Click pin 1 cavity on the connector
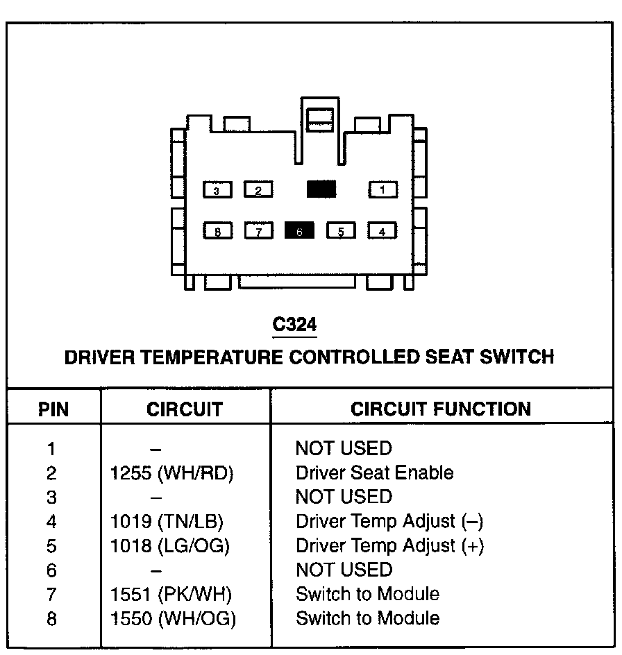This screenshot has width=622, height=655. click(383, 189)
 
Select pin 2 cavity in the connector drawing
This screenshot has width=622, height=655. click(258, 189)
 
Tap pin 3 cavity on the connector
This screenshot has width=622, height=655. click(217, 189)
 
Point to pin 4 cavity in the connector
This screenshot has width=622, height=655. click(382, 230)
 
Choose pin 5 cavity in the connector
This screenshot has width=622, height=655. click(341, 230)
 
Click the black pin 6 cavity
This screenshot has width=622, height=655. click(299, 230)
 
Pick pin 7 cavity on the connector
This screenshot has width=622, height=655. click(259, 230)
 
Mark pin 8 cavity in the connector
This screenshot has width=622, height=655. click(218, 230)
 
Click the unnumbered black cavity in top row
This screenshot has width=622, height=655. click(321, 189)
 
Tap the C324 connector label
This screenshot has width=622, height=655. click(295, 325)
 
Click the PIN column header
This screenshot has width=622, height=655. click(53, 409)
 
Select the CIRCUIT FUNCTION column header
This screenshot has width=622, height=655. click(441, 409)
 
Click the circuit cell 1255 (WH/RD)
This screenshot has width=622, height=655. click(172, 473)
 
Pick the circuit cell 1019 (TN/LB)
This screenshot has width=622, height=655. click(167, 522)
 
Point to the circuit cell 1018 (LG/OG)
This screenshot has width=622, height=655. click(170, 546)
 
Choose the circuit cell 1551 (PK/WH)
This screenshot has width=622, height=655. click(171, 595)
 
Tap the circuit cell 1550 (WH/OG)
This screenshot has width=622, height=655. click(173, 619)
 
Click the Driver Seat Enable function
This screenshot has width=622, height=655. click(374, 473)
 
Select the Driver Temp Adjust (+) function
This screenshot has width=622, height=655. click(389, 546)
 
